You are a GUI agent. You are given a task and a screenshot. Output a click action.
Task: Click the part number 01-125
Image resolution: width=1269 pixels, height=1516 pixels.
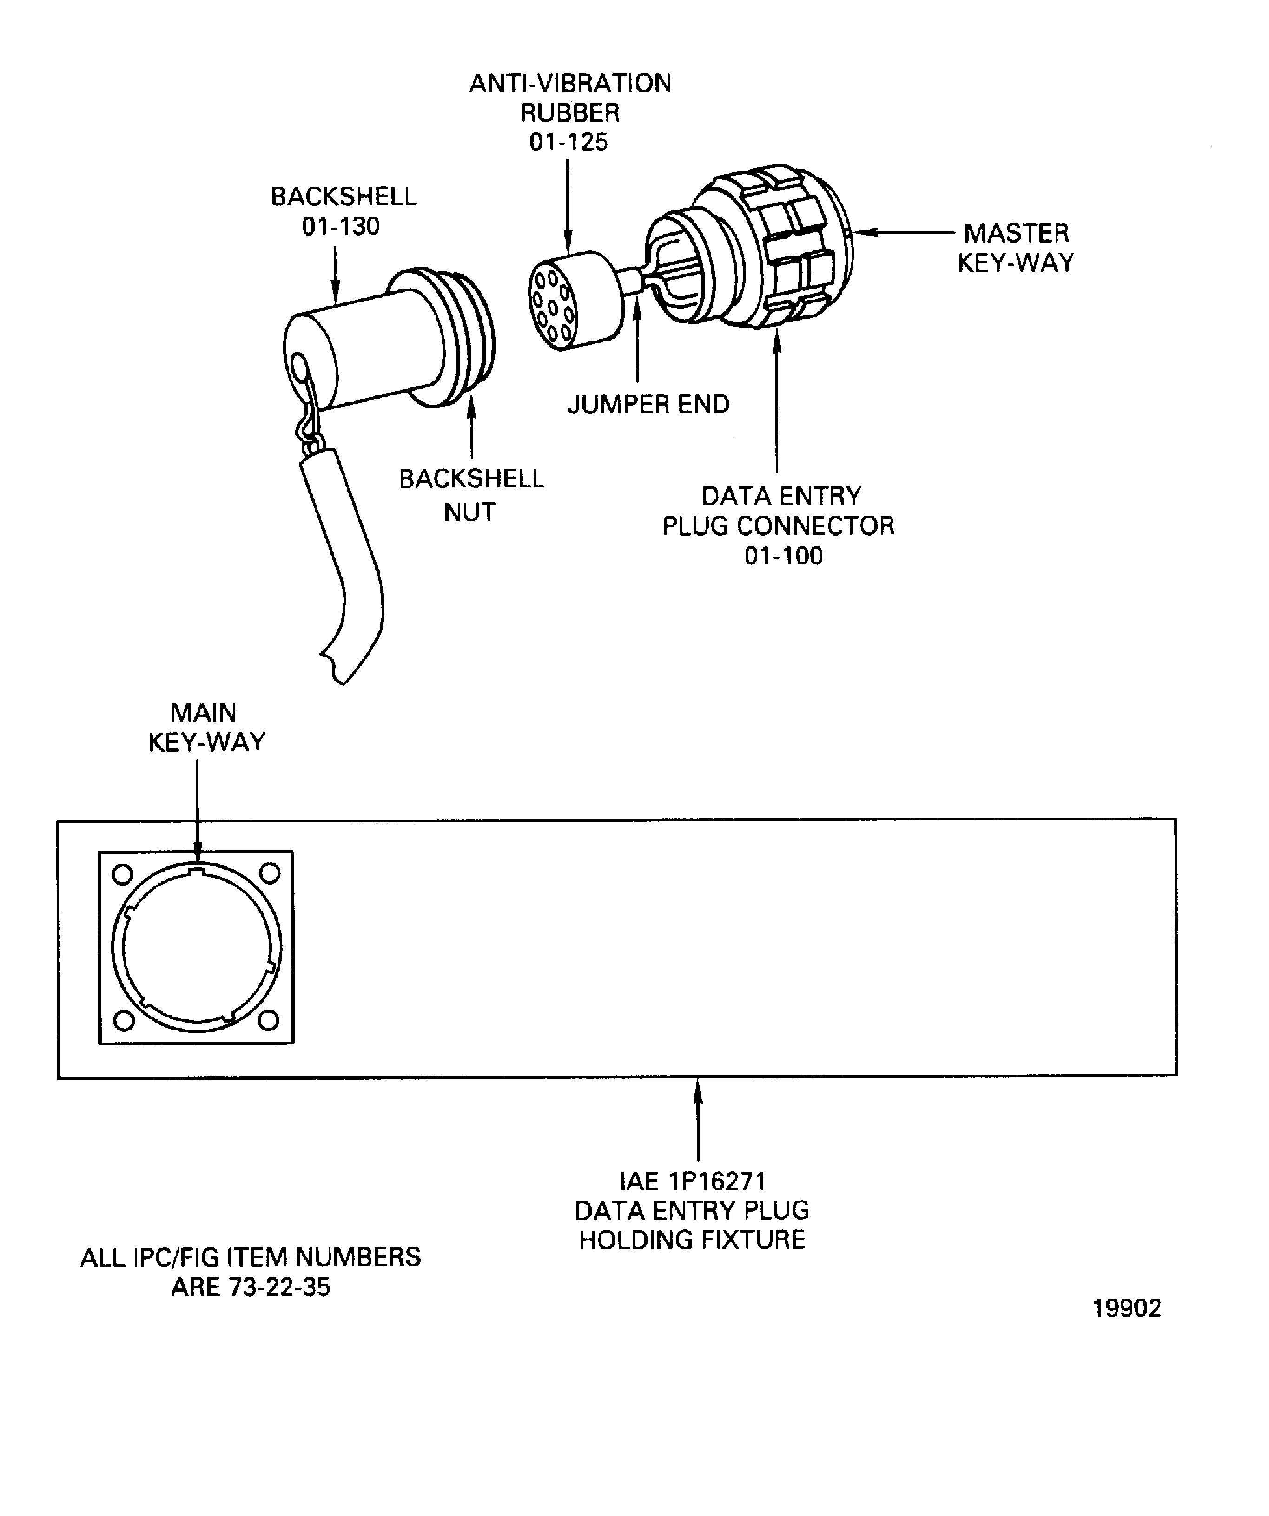point(568,142)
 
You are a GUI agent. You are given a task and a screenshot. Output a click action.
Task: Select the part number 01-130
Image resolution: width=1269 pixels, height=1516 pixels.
point(340,227)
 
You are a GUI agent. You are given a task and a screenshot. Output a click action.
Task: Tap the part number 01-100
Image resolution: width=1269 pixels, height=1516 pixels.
point(784,556)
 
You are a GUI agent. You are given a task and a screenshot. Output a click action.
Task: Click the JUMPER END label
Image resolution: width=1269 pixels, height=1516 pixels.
point(648,404)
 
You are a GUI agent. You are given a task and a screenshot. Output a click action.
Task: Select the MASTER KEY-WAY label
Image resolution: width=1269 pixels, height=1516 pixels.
point(1016,248)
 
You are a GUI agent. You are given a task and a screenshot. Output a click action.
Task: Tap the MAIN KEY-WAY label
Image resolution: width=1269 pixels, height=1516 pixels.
point(206,728)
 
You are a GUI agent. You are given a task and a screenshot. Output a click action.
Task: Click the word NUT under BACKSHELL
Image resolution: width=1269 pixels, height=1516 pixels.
point(469,512)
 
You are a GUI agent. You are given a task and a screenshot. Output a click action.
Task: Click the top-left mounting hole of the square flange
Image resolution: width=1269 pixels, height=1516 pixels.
point(123,874)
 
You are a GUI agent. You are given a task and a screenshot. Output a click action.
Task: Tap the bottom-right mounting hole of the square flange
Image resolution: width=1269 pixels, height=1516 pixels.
point(269,1020)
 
